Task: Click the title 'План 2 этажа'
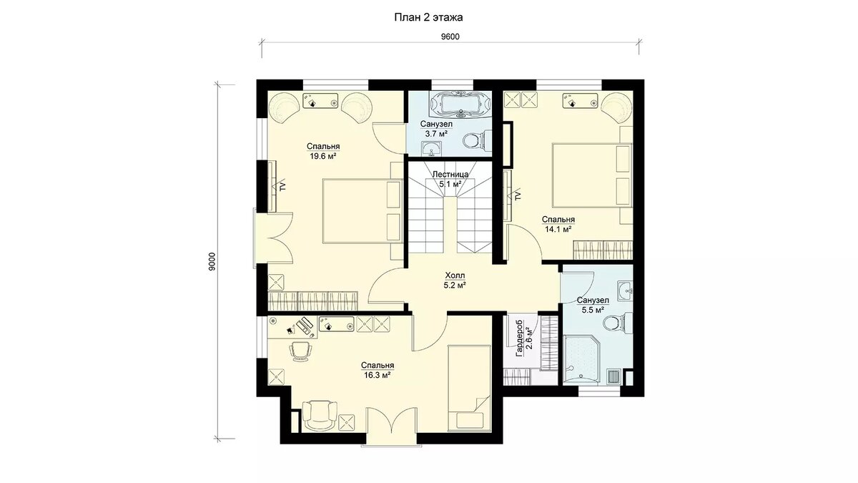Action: pos(428,18)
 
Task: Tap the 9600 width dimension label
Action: pos(450,36)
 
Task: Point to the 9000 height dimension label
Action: pos(212,262)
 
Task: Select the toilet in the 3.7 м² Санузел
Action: pos(476,141)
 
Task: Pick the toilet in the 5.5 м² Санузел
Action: pos(618,322)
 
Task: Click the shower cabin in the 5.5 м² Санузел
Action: pos(582,358)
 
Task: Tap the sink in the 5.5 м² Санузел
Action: pos(626,291)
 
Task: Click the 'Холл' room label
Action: pos(455,275)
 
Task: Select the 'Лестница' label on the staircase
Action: pos(450,175)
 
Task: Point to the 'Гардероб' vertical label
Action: pos(520,338)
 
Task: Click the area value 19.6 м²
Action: pos(323,156)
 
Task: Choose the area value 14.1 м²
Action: pos(558,229)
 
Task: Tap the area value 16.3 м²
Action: pos(377,375)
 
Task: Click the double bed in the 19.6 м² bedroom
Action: pos(363,211)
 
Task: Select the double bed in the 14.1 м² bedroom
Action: pos(592,175)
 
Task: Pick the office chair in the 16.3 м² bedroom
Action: pos(301,351)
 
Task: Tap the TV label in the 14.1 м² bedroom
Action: pos(518,196)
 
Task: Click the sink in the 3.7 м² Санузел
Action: pos(432,149)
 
